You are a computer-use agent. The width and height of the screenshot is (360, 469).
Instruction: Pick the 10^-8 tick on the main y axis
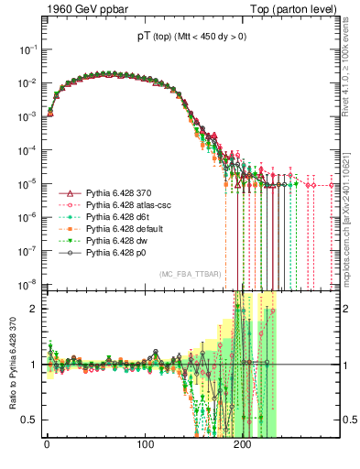tap(27, 283)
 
